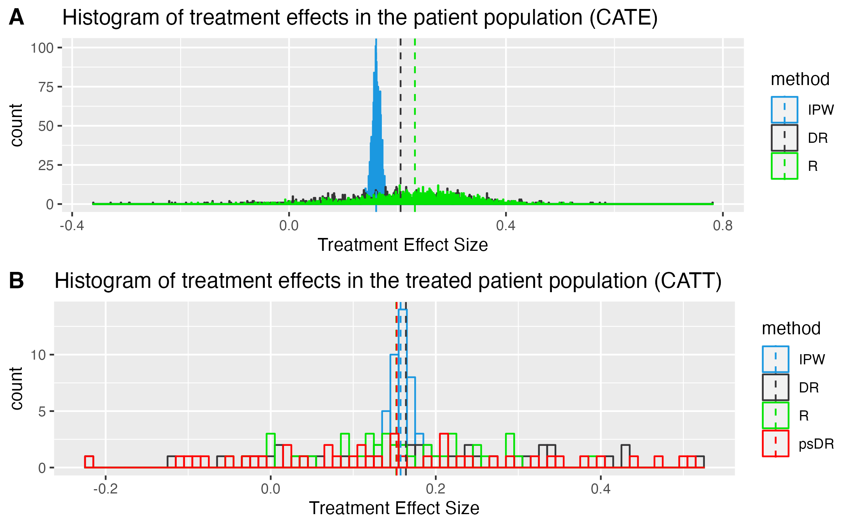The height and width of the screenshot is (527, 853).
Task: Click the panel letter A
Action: coord(16,18)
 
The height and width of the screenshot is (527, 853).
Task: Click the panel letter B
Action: coord(16,281)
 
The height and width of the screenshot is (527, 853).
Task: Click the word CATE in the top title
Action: coord(623,18)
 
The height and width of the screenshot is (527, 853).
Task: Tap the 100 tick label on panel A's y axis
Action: coord(42,48)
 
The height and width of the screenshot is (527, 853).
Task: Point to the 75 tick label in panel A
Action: coord(46,87)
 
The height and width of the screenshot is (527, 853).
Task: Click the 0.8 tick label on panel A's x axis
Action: coord(722,225)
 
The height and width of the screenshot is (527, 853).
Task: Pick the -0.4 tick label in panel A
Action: coord(72,225)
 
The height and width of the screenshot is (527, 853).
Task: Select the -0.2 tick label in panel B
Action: coord(105,489)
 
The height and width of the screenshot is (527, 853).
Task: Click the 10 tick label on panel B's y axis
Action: coord(38,355)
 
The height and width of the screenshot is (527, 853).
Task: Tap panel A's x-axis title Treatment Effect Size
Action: coord(403,245)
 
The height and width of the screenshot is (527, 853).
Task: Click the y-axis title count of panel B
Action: coord(16,389)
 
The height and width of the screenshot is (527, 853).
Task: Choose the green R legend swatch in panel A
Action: coord(784,166)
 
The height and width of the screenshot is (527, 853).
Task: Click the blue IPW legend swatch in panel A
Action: coord(784,110)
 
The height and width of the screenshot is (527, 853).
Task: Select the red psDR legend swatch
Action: coord(775,444)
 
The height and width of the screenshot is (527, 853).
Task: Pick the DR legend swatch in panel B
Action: coord(775,387)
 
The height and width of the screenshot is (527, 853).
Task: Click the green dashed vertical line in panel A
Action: coord(415,117)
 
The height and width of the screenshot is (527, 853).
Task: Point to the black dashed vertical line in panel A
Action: coord(401,117)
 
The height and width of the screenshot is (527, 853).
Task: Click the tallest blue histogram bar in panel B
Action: coord(403,390)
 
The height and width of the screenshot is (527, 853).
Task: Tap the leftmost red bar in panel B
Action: coord(89,462)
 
